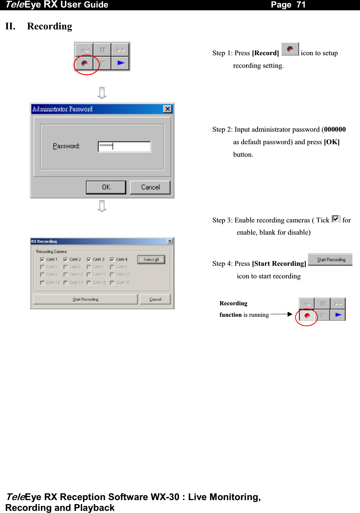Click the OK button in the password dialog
106,187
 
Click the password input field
124,146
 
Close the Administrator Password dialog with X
168,109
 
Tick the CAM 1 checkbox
42,259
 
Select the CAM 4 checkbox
112,259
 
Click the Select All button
151,260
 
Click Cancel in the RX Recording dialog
155,299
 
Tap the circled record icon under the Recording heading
84,63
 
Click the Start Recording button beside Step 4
330,260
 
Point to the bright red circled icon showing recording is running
307,316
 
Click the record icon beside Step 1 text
290,49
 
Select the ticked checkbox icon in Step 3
336,219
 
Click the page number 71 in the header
301,5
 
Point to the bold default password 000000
335,130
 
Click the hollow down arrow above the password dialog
102,93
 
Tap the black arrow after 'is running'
282,314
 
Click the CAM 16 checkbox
112,283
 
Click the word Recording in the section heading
50,27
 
